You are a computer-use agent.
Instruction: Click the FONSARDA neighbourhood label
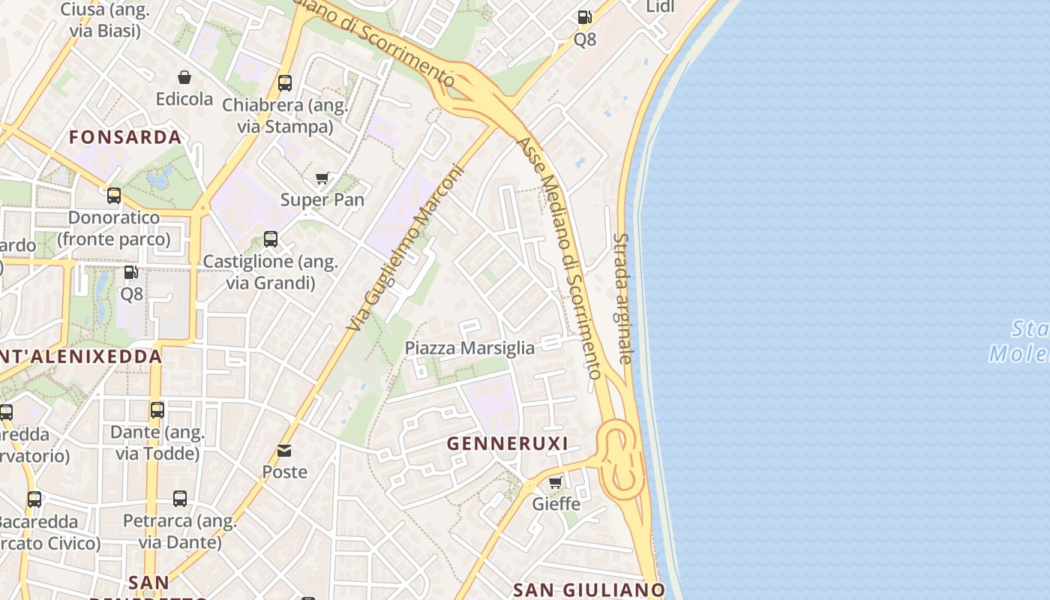pos(125,137)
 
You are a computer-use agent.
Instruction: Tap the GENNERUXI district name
pos(508,444)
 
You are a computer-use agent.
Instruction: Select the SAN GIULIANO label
pos(589,589)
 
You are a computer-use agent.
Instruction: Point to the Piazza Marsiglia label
pos(469,348)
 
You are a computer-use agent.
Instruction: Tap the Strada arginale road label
pos(622,298)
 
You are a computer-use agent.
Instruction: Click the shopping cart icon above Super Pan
pos(322,178)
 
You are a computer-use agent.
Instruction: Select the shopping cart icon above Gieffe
pos(556,482)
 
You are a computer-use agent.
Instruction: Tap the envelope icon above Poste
pos(284,451)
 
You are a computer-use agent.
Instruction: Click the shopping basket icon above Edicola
pos(184,77)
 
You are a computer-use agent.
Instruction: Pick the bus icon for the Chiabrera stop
pos(285,82)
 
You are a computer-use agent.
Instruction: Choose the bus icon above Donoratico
pos(114,196)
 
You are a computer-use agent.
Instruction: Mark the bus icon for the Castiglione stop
pos(271,239)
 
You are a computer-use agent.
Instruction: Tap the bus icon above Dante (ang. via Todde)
pos(157,410)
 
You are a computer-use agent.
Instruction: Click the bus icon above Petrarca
pos(180,499)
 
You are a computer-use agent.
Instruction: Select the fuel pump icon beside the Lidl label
pos(584,17)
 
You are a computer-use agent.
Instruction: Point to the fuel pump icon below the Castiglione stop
pos(131,272)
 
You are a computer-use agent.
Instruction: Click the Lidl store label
pos(660,7)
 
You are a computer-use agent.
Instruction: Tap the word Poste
pos(284,472)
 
